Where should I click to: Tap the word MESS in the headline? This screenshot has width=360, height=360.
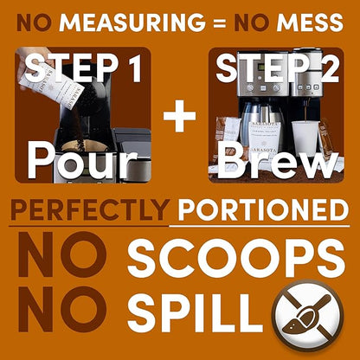coord(310,22)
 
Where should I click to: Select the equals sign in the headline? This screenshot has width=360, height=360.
coord(221,23)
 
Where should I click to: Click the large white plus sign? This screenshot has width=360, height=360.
coord(179,116)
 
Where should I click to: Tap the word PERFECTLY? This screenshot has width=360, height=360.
coord(90,209)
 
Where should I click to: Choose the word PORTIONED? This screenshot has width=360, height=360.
coord(263,209)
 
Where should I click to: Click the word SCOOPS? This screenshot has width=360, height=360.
coord(236,258)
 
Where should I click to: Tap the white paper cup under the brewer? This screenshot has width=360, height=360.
coord(305,138)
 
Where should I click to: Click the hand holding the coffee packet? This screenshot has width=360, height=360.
coord(28,62)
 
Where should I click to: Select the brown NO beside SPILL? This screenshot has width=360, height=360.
coord(62,309)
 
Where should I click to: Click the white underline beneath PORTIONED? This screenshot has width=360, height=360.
coord(260,226)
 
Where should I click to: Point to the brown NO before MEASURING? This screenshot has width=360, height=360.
coord(34,22)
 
